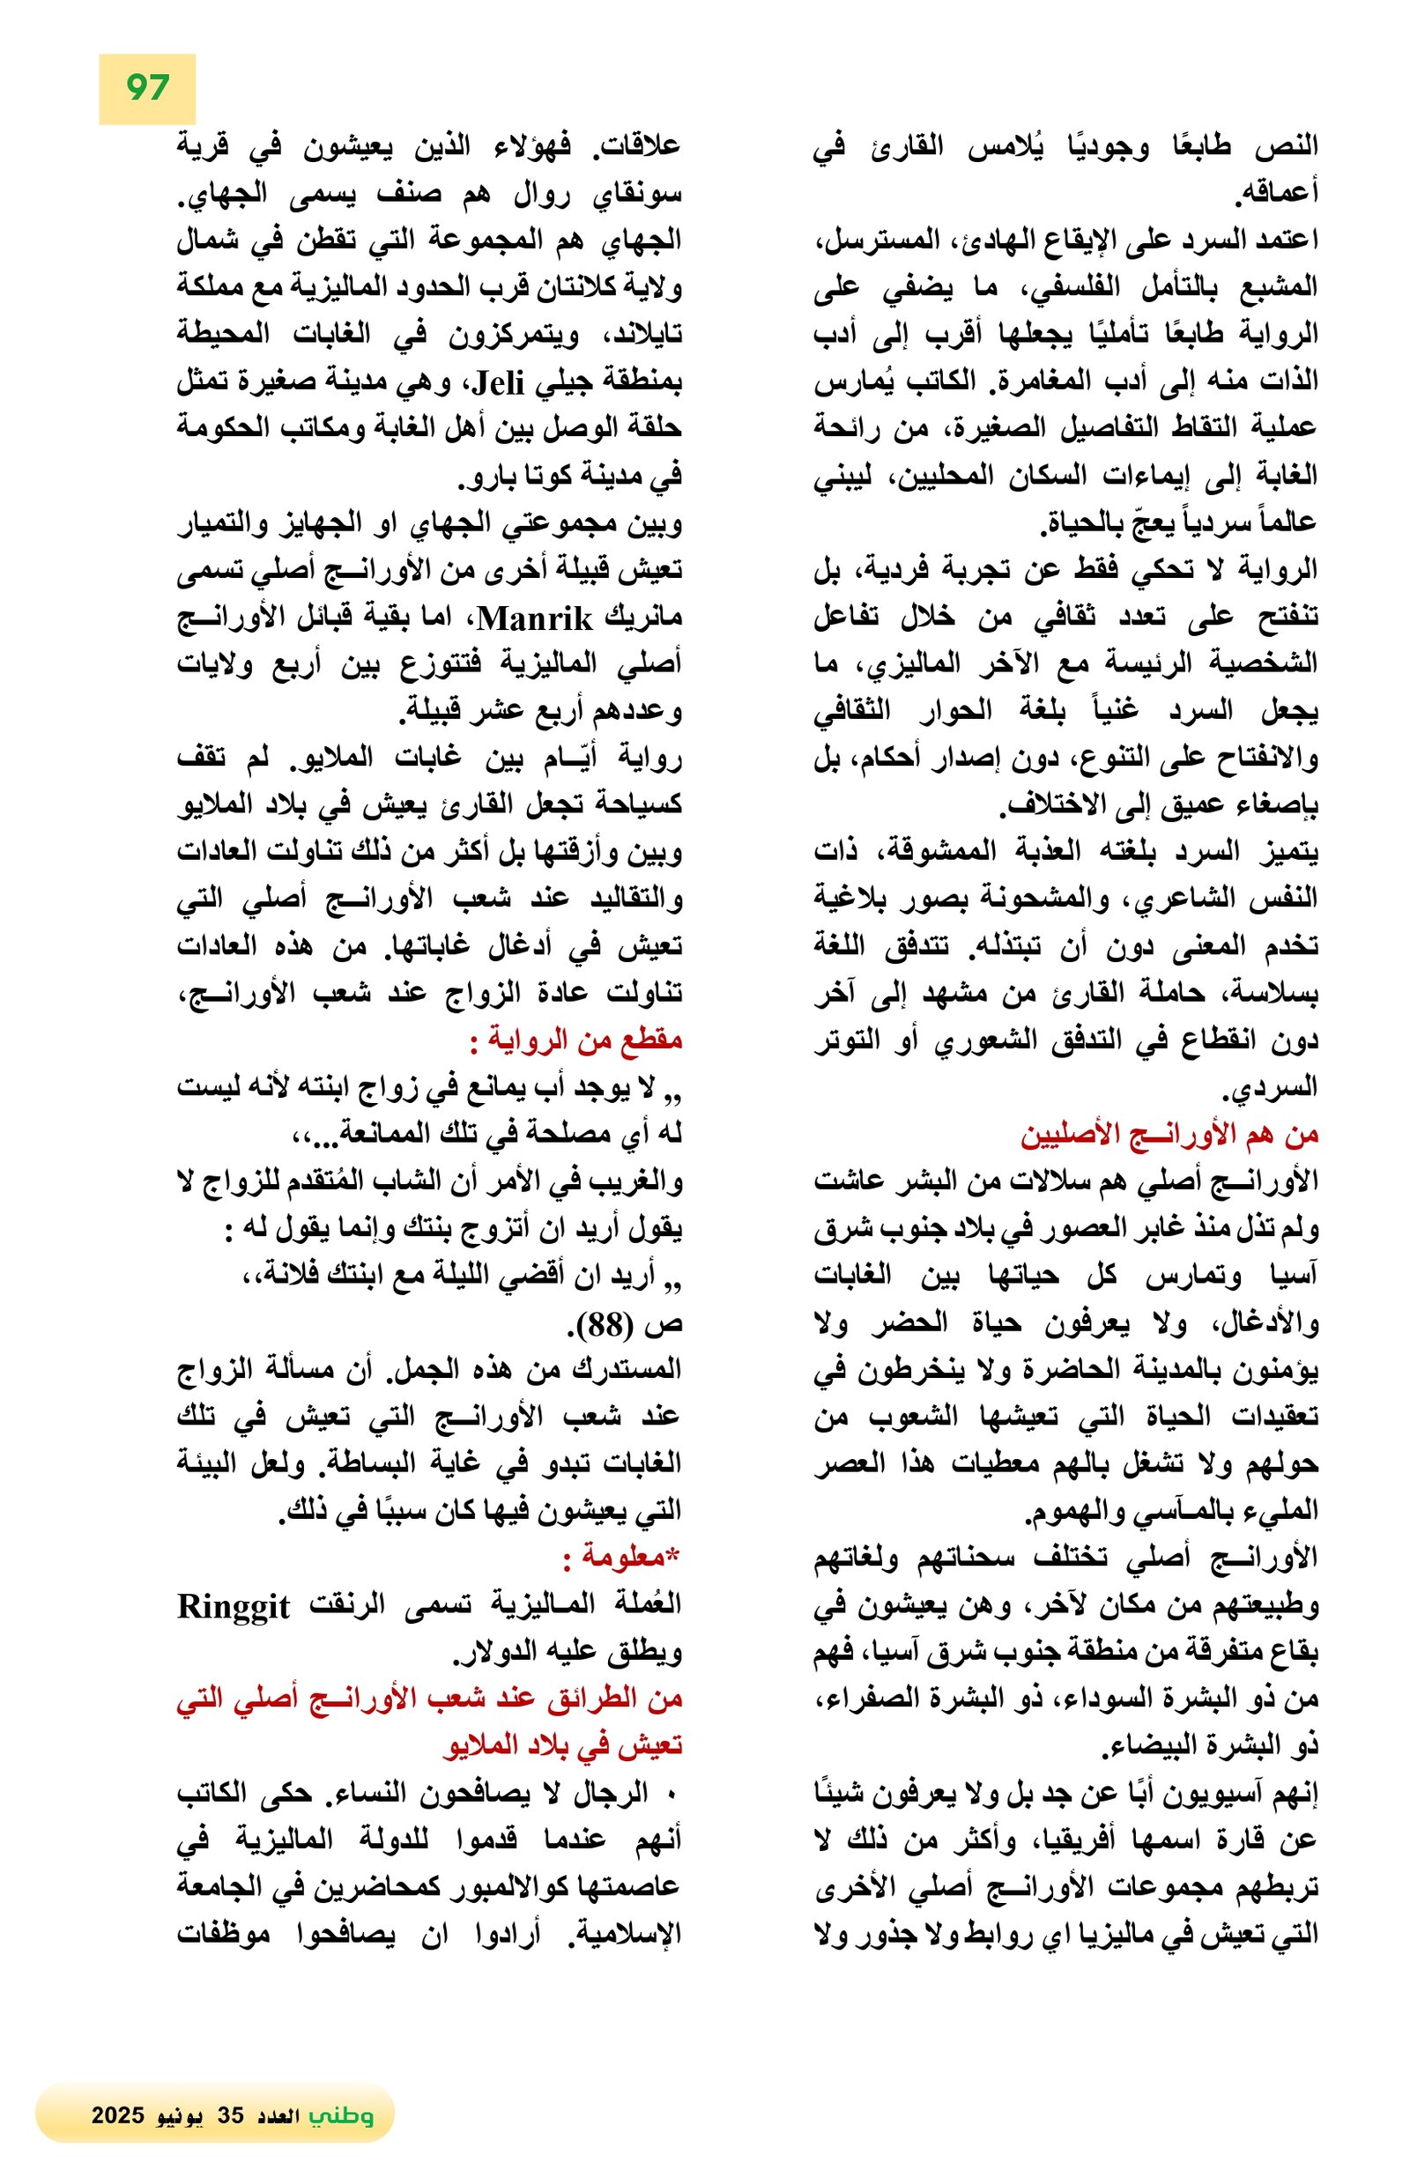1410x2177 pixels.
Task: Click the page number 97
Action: (x=146, y=88)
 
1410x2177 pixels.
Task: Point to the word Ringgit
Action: (x=234, y=1607)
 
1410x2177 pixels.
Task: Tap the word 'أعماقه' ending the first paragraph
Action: (x=1277, y=194)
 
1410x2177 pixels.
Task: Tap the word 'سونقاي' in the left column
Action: (x=641, y=194)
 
